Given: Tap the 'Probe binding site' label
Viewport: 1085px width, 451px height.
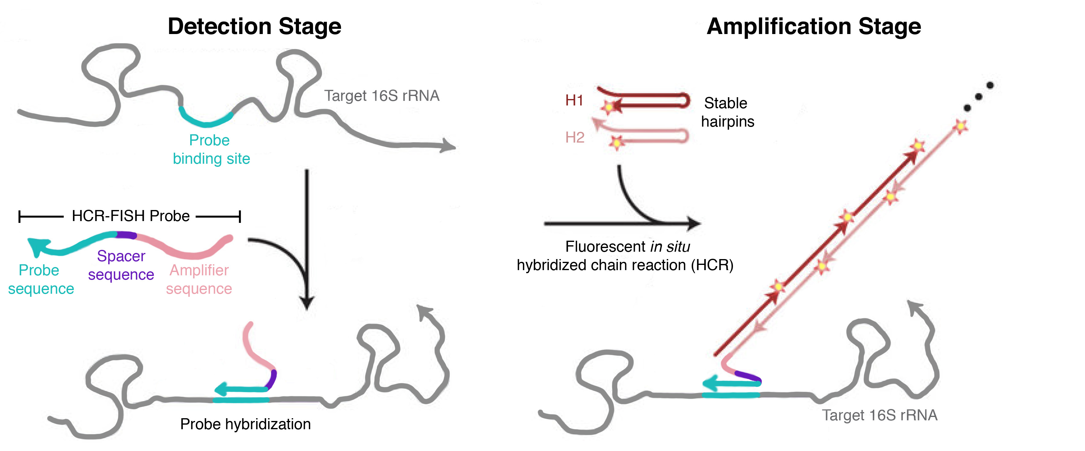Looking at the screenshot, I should pos(211,150).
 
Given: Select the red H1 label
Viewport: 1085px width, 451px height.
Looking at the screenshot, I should pos(574,100).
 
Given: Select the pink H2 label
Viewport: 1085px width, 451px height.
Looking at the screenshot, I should pos(574,137).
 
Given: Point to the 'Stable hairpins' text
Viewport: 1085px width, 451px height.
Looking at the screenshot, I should pos(727,112).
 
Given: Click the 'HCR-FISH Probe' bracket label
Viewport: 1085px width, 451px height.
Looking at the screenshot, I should pos(131,216).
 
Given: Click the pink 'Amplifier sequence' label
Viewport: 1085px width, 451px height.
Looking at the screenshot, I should pos(199,279).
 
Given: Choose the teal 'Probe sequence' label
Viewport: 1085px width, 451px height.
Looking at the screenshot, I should pos(40,279).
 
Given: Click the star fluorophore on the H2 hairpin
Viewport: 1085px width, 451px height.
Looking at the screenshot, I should pos(617,143).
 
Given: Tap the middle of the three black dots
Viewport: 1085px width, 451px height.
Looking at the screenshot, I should pos(979,97).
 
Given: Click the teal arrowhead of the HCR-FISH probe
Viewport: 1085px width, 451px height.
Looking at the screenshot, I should pos(37,246).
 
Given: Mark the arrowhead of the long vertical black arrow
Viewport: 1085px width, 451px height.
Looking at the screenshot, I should pos(307,302).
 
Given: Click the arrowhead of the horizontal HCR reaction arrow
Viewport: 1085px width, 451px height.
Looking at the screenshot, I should pos(694,223).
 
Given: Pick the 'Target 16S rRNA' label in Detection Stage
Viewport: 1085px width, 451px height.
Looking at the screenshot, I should pos(381,96).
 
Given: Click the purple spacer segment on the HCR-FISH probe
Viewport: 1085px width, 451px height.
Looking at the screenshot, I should pos(126,235).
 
